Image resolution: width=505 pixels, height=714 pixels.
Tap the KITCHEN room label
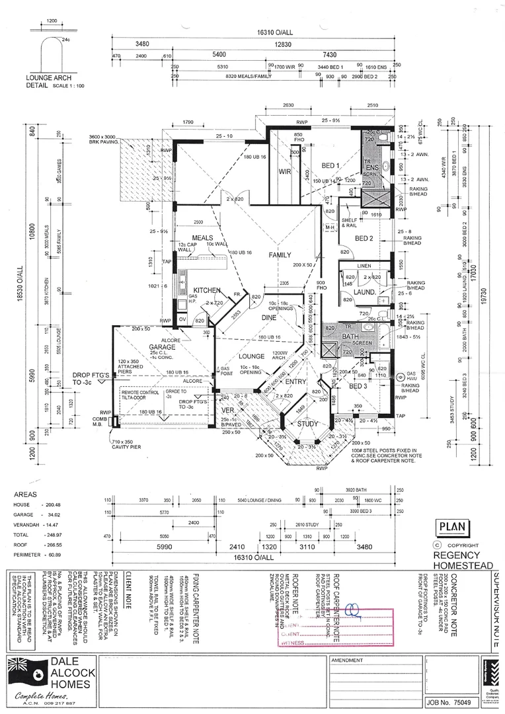pos(206,290)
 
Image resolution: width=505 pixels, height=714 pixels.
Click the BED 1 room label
pos(330,165)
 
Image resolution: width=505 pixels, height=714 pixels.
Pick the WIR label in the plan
pos(286,171)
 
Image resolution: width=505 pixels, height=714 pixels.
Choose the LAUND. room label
pos(364,292)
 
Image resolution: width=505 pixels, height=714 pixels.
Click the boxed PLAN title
pos(453,528)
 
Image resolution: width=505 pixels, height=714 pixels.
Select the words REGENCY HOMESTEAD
pos(461,561)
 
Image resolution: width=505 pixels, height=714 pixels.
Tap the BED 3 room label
pos(358,386)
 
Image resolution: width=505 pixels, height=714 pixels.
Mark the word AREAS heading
pos(26,494)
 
